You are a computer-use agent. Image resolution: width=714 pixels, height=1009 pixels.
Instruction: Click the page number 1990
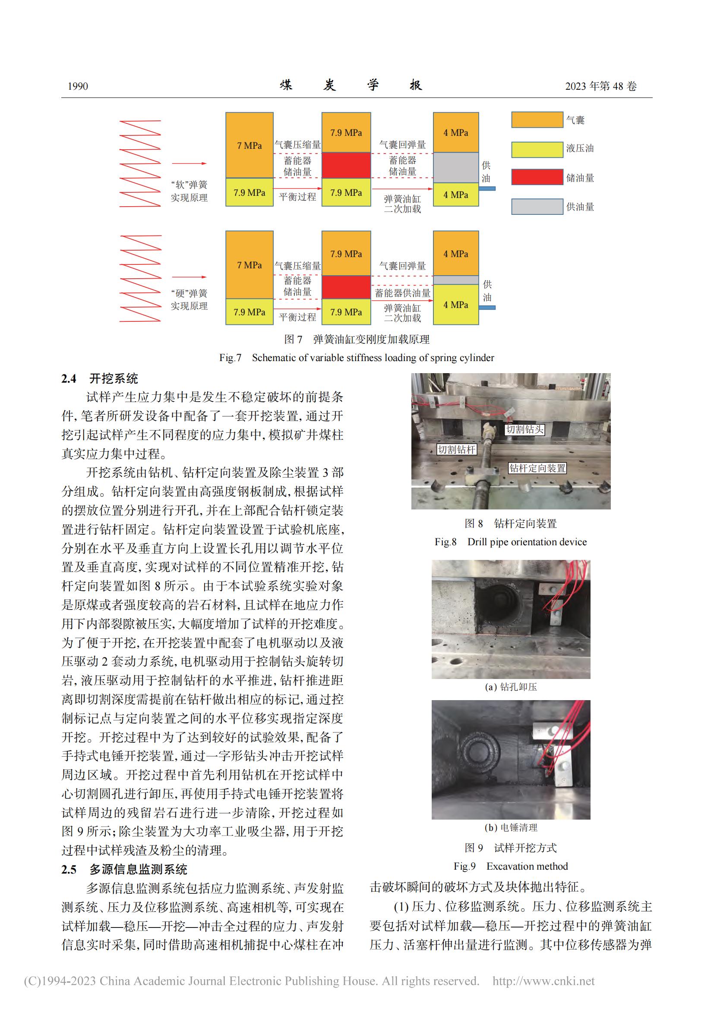pos(78,86)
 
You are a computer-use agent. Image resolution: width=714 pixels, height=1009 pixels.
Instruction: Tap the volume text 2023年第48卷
pos(600,86)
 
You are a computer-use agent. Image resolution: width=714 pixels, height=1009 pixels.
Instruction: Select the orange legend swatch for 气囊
pos(537,119)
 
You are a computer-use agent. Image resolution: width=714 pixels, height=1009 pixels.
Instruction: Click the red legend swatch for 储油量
pos(537,177)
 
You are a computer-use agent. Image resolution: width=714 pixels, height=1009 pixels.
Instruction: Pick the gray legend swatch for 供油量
pos(537,207)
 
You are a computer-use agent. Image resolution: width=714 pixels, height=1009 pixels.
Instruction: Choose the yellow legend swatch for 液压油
pos(537,149)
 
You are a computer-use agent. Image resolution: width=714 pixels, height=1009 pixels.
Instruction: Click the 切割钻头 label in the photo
pos(524,429)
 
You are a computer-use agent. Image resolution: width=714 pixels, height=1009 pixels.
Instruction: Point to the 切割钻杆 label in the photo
pos(456,449)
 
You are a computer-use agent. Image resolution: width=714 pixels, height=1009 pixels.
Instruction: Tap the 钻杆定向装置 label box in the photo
pos(537,468)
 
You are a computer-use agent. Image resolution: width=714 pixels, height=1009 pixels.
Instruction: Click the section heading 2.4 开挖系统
pos(100,378)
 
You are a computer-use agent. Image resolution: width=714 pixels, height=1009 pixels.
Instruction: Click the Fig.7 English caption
pos(357,358)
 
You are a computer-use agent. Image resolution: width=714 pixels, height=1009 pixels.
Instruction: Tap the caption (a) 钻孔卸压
pos(511,687)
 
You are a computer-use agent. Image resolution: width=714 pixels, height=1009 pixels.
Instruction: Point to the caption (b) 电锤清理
pos(511,827)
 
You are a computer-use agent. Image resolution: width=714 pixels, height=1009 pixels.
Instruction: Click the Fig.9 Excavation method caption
pos(511,866)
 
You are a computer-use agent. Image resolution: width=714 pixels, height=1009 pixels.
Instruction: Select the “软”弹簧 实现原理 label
pos(189,191)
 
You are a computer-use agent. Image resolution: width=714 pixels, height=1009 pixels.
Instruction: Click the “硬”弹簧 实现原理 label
pos(189,300)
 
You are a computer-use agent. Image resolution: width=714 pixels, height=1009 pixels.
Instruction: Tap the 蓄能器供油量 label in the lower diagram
pos(402,293)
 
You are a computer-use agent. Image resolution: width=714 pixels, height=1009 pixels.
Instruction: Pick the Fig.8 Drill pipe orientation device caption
pos(511,542)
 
